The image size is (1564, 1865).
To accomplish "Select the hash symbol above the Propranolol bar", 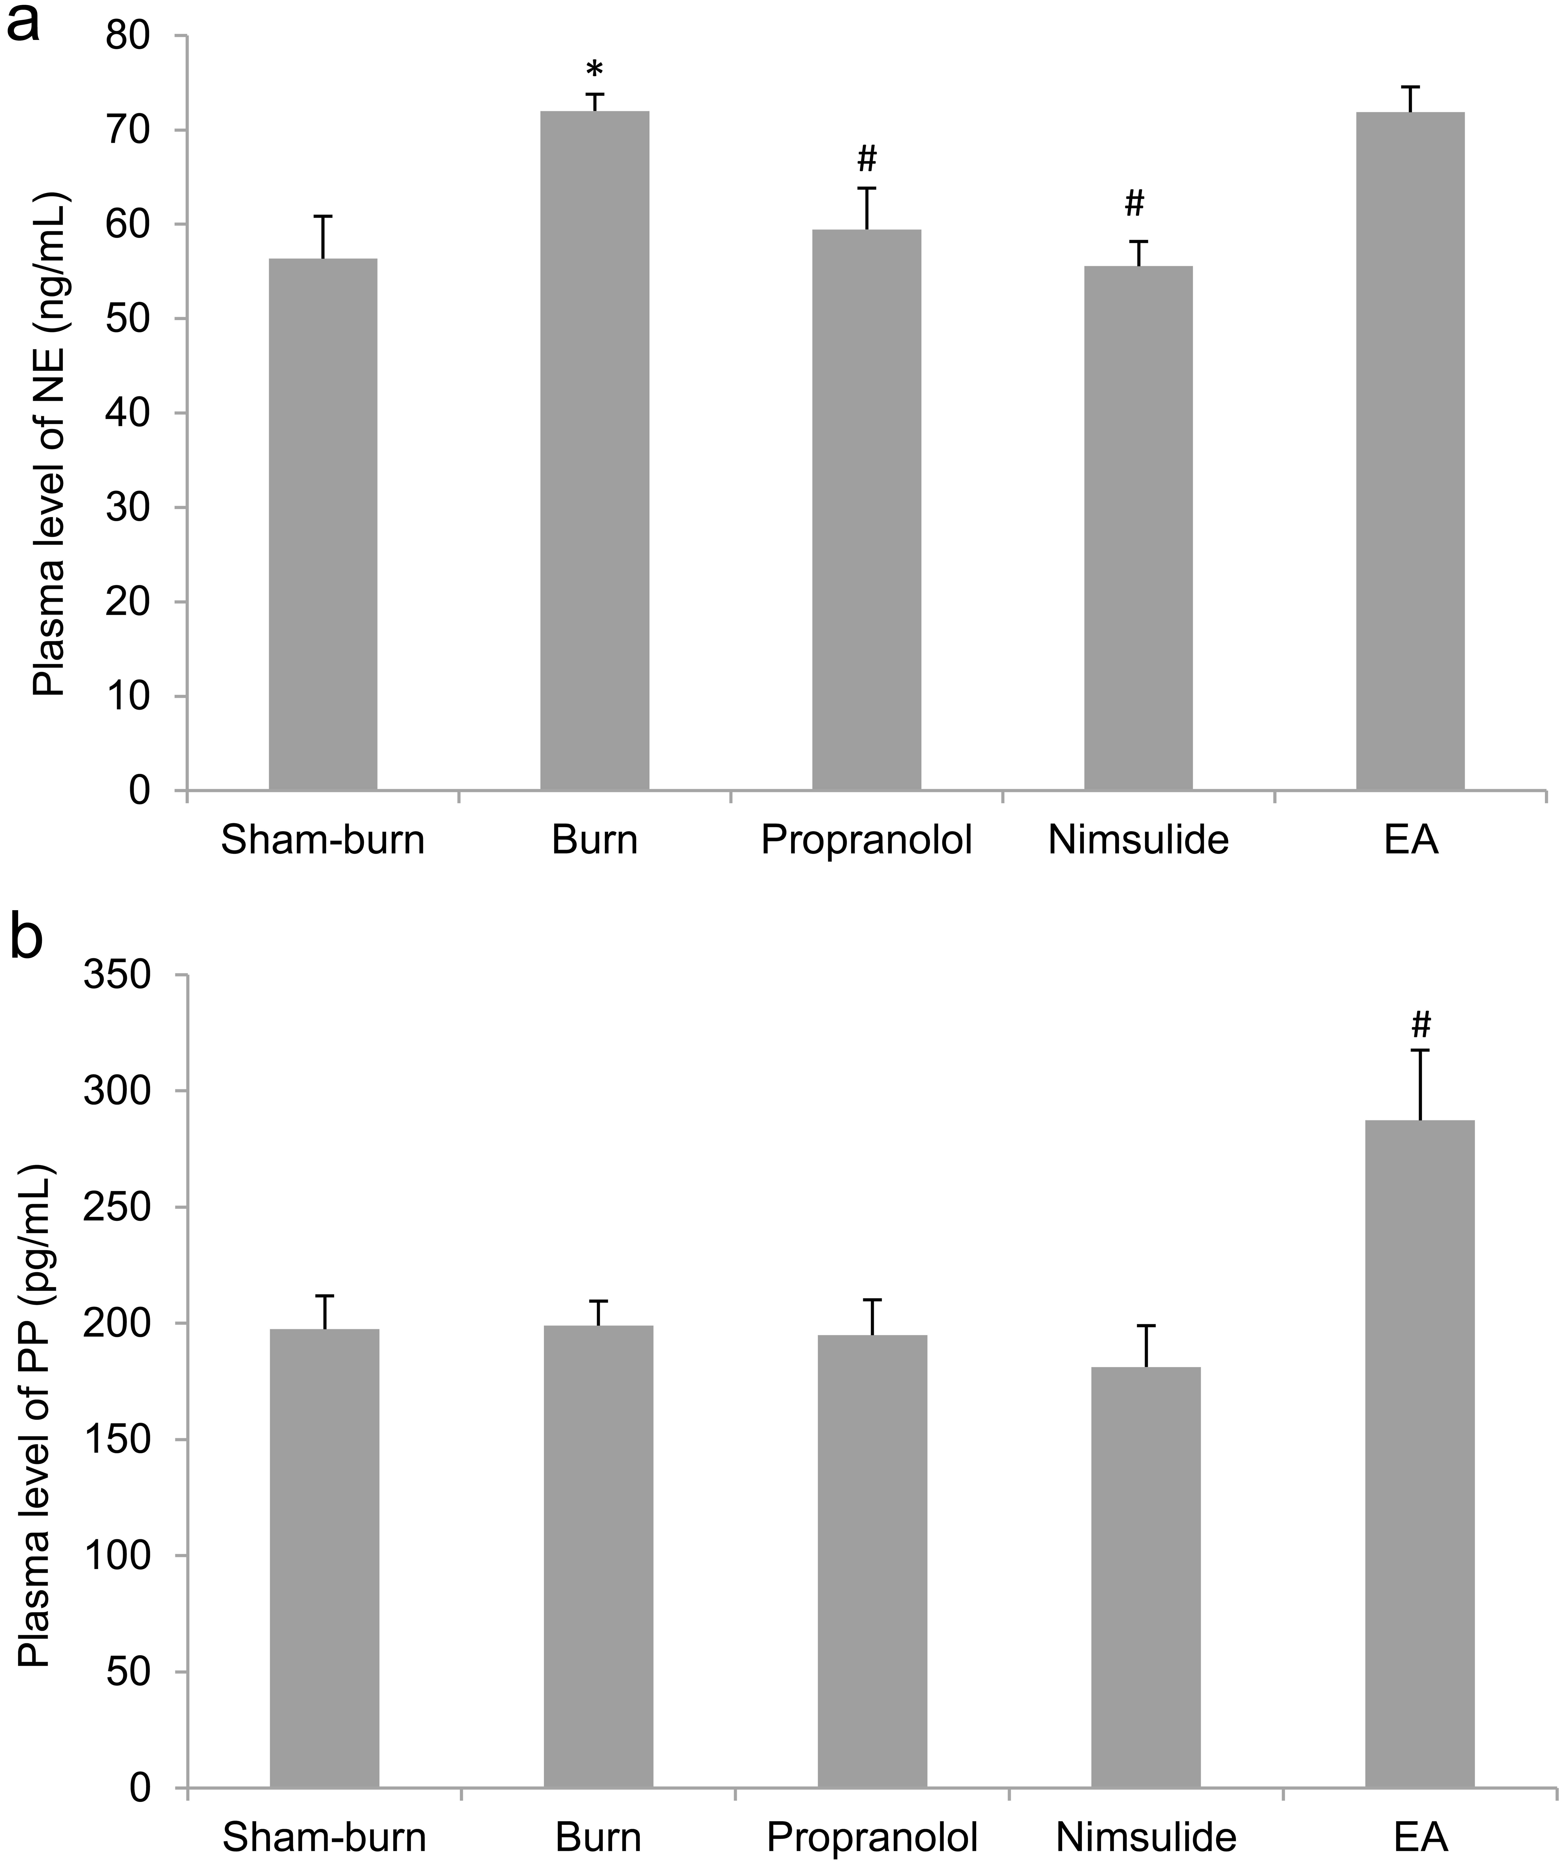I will pyautogui.click(x=867, y=160).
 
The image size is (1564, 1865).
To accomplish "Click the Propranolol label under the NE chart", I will pyautogui.click(x=867, y=840).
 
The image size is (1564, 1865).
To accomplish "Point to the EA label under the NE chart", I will pyautogui.click(x=1410, y=840).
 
